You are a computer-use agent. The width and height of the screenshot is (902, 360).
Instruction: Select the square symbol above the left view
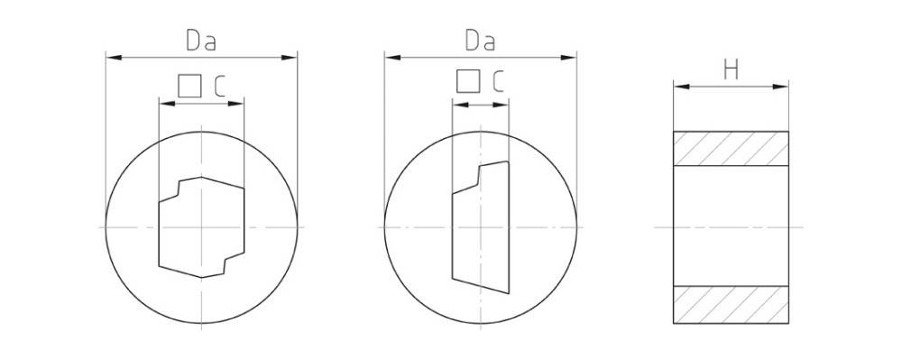189,86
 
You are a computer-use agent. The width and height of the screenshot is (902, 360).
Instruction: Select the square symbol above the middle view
467,82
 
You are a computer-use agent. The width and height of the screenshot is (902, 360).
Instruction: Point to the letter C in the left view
219,86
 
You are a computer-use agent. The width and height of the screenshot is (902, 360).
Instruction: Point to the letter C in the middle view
498,82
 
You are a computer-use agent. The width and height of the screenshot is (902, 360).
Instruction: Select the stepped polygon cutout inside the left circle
201,226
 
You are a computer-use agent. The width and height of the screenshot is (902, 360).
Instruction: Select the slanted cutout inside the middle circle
481,226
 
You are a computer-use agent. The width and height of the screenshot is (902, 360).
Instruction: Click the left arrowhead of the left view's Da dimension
112,58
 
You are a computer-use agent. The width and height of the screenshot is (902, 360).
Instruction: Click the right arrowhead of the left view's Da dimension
292,58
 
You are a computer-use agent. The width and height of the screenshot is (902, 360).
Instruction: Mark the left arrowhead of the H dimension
679,88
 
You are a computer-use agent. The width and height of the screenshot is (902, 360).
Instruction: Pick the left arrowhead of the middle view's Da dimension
390,58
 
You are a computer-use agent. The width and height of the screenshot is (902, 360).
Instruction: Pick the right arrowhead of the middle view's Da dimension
572,58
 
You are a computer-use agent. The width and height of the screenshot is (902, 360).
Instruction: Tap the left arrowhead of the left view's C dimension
164,104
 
